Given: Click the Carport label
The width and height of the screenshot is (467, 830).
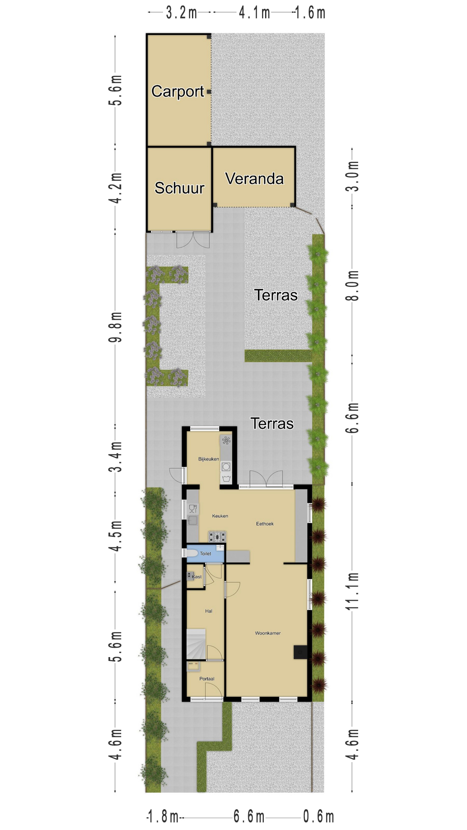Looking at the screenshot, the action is pyautogui.click(x=178, y=92).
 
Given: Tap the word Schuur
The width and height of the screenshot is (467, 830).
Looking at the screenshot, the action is pyautogui.click(x=179, y=188).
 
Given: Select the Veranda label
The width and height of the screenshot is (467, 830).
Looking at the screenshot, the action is pyautogui.click(x=254, y=179).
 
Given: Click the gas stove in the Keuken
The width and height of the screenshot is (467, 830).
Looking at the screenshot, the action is pyautogui.click(x=218, y=537).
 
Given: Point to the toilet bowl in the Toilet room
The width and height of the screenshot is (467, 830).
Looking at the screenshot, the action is pyautogui.click(x=192, y=553).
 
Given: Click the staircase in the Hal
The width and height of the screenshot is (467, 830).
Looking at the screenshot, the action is pyautogui.click(x=196, y=645).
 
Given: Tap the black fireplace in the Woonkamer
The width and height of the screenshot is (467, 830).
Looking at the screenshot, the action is pyautogui.click(x=301, y=652).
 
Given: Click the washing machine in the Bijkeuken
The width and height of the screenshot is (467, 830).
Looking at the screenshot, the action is pyautogui.click(x=226, y=467).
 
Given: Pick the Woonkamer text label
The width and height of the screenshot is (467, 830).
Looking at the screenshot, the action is pyautogui.click(x=268, y=633).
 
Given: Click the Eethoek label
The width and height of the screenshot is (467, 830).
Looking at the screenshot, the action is pyautogui.click(x=265, y=524).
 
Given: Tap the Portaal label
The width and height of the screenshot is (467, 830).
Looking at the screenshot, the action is pyautogui.click(x=207, y=679).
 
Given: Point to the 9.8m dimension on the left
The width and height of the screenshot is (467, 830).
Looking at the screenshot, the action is pyautogui.click(x=115, y=327).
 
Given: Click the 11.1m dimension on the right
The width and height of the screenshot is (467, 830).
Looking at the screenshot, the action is pyautogui.click(x=352, y=591).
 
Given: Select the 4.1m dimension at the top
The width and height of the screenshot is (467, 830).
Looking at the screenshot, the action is pyautogui.click(x=254, y=13).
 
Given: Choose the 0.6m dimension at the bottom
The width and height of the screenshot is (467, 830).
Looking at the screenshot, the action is pyautogui.click(x=318, y=817).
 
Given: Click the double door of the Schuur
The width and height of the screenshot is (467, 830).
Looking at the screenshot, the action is pyautogui.click(x=193, y=240).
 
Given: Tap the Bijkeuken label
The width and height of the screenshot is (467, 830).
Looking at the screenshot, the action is pyautogui.click(x=208, y=459).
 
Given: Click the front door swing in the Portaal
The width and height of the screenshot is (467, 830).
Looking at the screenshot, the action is pyautogui.click(x=214, y=691).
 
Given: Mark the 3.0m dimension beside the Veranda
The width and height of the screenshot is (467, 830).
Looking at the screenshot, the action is pyautogui.click(x=352, y=176).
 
